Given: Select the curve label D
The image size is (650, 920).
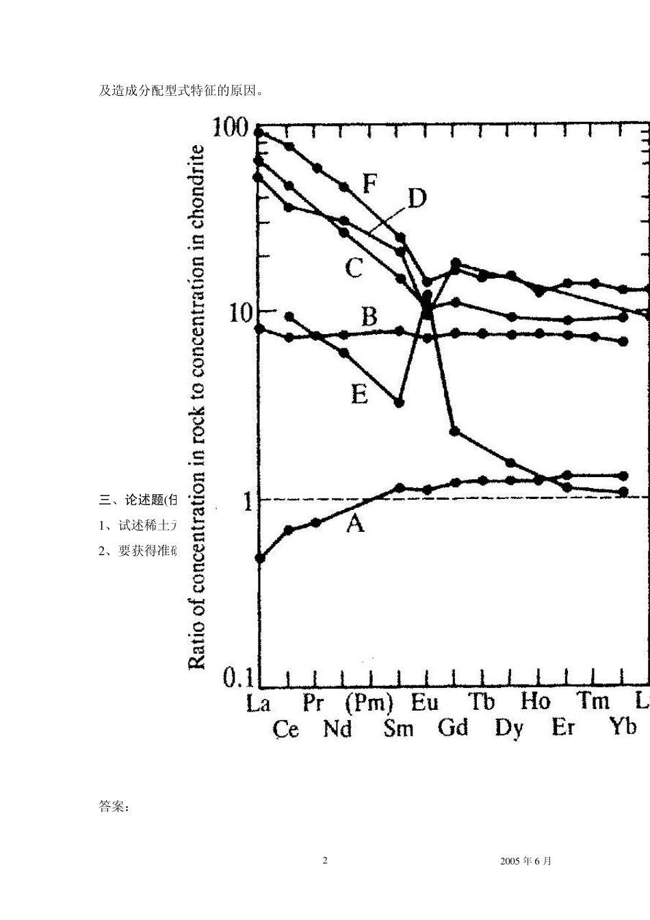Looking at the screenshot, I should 417,199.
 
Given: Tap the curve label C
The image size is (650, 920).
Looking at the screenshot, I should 353,267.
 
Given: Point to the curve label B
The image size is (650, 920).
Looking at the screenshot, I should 369,317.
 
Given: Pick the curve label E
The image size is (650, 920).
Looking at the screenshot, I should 359,394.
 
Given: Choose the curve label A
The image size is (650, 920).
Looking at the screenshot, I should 355,524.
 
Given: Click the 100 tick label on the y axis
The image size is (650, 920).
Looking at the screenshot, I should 229,127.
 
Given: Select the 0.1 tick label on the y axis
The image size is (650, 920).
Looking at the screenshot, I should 237,678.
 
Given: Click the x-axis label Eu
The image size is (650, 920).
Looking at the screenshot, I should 425,703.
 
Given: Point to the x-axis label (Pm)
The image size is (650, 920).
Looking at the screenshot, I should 369,703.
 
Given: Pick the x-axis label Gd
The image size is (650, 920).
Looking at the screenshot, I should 453,727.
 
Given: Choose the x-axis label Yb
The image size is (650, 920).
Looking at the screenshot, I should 622,727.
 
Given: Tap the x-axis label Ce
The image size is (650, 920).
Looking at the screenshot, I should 285,728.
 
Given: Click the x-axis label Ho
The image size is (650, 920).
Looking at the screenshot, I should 535,702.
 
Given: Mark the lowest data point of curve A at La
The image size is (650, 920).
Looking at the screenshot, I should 260,558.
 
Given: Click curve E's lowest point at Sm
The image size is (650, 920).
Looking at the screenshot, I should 400,402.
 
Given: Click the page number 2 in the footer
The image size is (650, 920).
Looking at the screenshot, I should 325,860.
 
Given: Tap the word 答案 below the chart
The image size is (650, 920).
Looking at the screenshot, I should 114,806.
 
